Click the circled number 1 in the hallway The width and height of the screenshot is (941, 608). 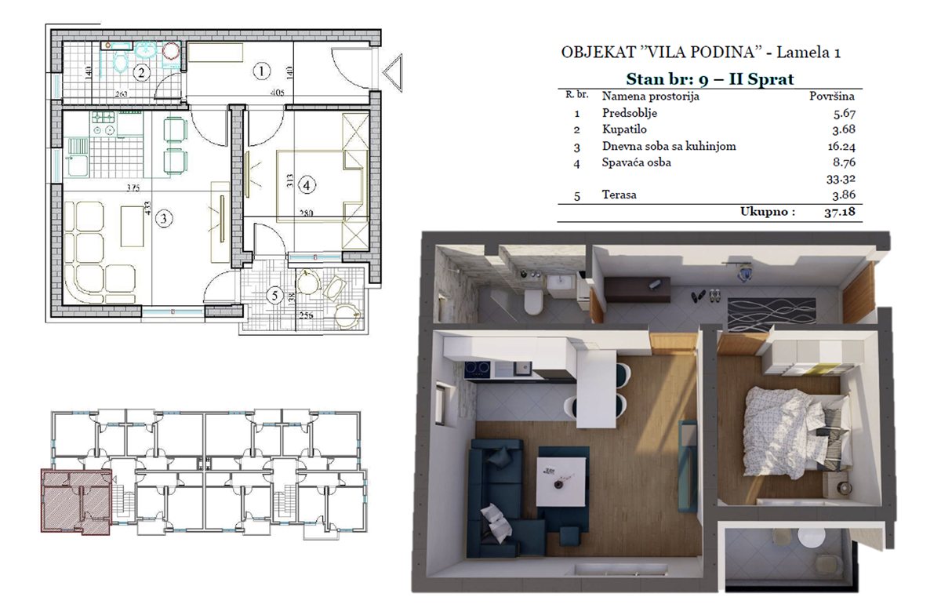[262, 71]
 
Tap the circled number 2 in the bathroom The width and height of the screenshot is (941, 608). [142, 73]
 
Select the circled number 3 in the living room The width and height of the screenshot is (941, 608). [164, 219]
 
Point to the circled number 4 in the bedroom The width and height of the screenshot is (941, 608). [307, 185]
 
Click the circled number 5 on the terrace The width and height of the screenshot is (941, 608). [274, 296]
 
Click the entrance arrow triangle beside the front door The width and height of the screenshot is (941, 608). [393, 72]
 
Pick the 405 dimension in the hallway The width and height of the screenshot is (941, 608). [278, 93]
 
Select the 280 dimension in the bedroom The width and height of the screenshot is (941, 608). [307, 213]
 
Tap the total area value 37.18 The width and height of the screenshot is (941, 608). [840, 212]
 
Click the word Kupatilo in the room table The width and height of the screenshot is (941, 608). [624, 129]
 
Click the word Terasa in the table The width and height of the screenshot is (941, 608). [619, 195]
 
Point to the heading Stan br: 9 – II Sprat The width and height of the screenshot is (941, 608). [710, 79]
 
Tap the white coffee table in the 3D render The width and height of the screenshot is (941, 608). [562, 482]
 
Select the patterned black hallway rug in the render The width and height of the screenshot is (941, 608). [772, 311]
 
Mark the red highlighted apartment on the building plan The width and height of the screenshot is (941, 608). [76, 501]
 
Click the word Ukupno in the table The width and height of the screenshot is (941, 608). [768, 212]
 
